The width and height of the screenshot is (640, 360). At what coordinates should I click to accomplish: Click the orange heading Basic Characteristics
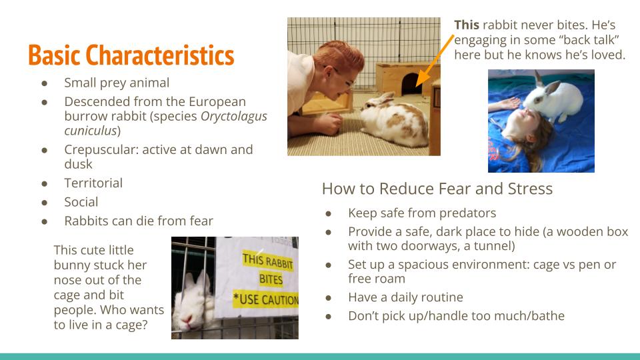click(131, 55)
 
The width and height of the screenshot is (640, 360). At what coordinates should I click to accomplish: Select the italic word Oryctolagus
click(233, 116)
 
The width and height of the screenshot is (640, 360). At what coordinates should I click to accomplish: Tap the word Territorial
click(93, 183)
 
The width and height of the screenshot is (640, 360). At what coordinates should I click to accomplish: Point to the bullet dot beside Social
click(44, 203)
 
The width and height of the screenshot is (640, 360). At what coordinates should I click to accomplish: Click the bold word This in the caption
click(467, 25)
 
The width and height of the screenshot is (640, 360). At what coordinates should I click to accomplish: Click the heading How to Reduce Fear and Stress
click(437, 189)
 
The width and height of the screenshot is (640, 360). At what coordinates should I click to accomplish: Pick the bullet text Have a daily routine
click(405, 297)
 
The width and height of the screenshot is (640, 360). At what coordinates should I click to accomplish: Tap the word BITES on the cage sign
click(271, 279)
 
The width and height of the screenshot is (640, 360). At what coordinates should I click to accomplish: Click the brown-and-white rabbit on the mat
click(393, 121)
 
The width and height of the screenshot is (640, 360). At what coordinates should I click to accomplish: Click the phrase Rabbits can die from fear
click(139, 221)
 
